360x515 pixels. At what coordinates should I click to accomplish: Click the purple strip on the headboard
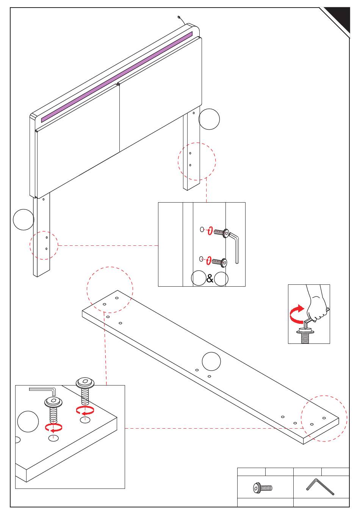click(117, 77)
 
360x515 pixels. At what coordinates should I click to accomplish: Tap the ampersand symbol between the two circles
click(210, 279)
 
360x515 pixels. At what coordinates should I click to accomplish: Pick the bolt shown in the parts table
click(263, 488)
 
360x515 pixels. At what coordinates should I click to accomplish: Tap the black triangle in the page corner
click(338, 19)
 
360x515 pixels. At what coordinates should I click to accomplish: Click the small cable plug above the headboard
click(179, 17)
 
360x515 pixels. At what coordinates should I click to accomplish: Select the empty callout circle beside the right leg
click(209, 119)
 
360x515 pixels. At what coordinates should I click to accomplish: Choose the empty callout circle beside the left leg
click(23, 220)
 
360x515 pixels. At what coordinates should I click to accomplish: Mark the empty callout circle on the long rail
click(211, 361)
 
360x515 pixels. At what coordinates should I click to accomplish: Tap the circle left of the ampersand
click(199, 278)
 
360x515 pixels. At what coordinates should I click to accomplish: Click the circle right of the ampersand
click(221, 279)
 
